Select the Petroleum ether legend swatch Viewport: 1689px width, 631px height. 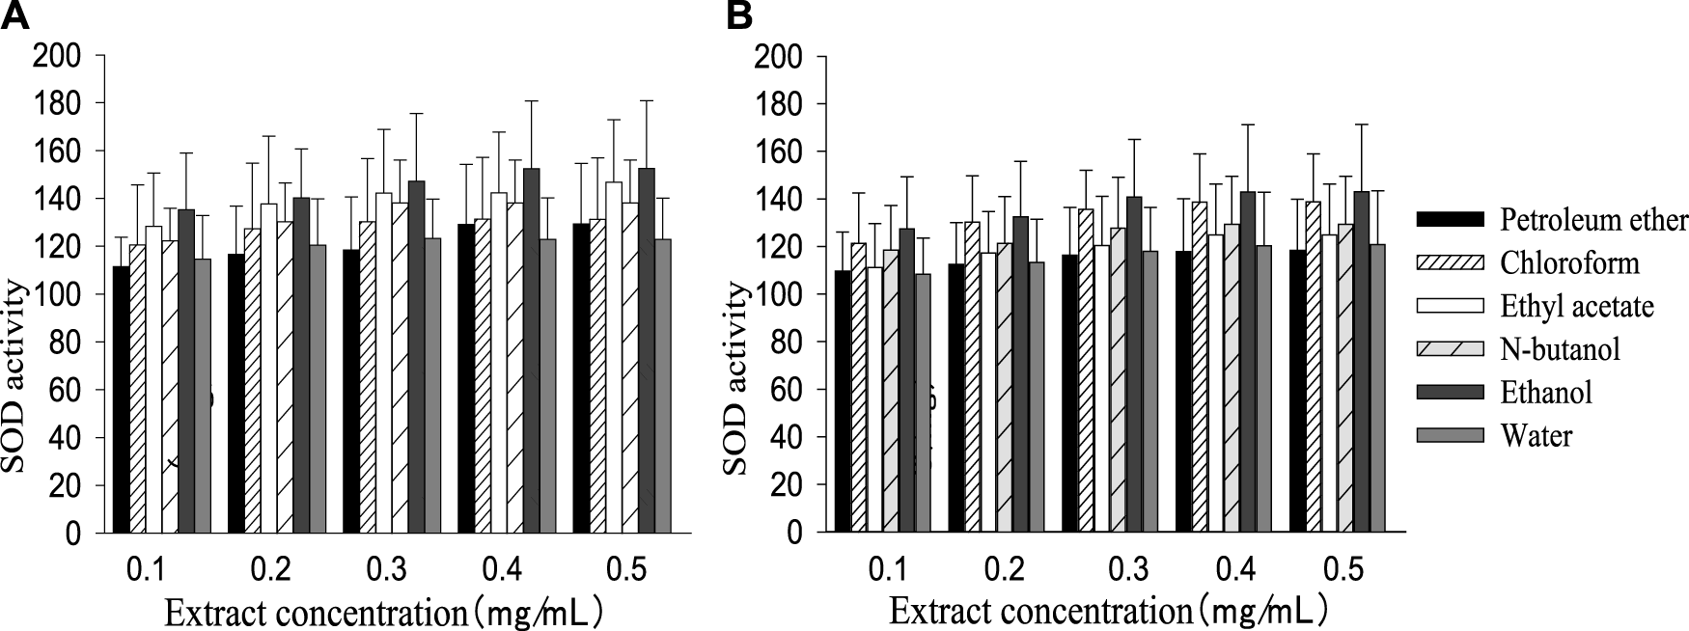coord(1449,221)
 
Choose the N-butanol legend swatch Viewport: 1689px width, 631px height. coord(1449,349)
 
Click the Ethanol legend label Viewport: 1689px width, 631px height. coord(1546,392)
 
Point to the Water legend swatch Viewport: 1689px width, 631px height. coord(1449,436)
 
